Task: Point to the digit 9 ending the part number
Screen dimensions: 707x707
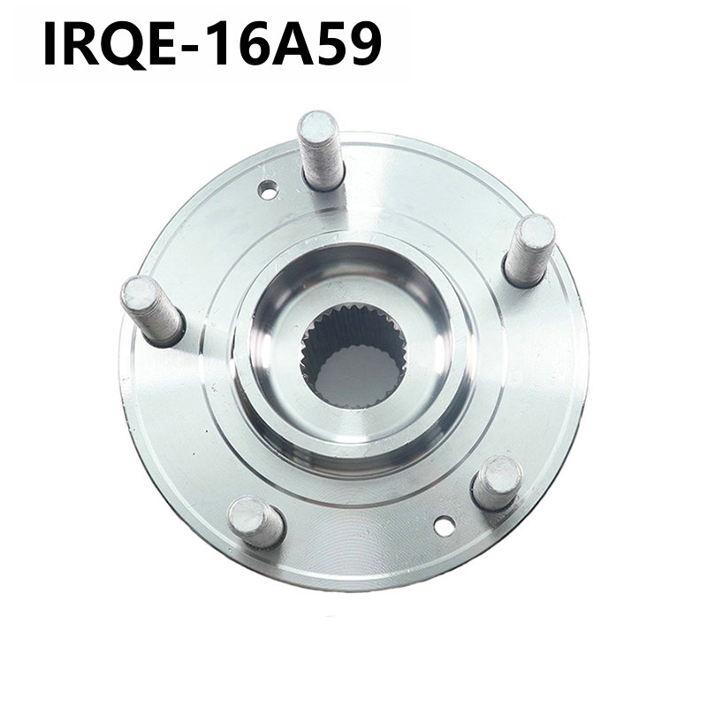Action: (x=365, y=44)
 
